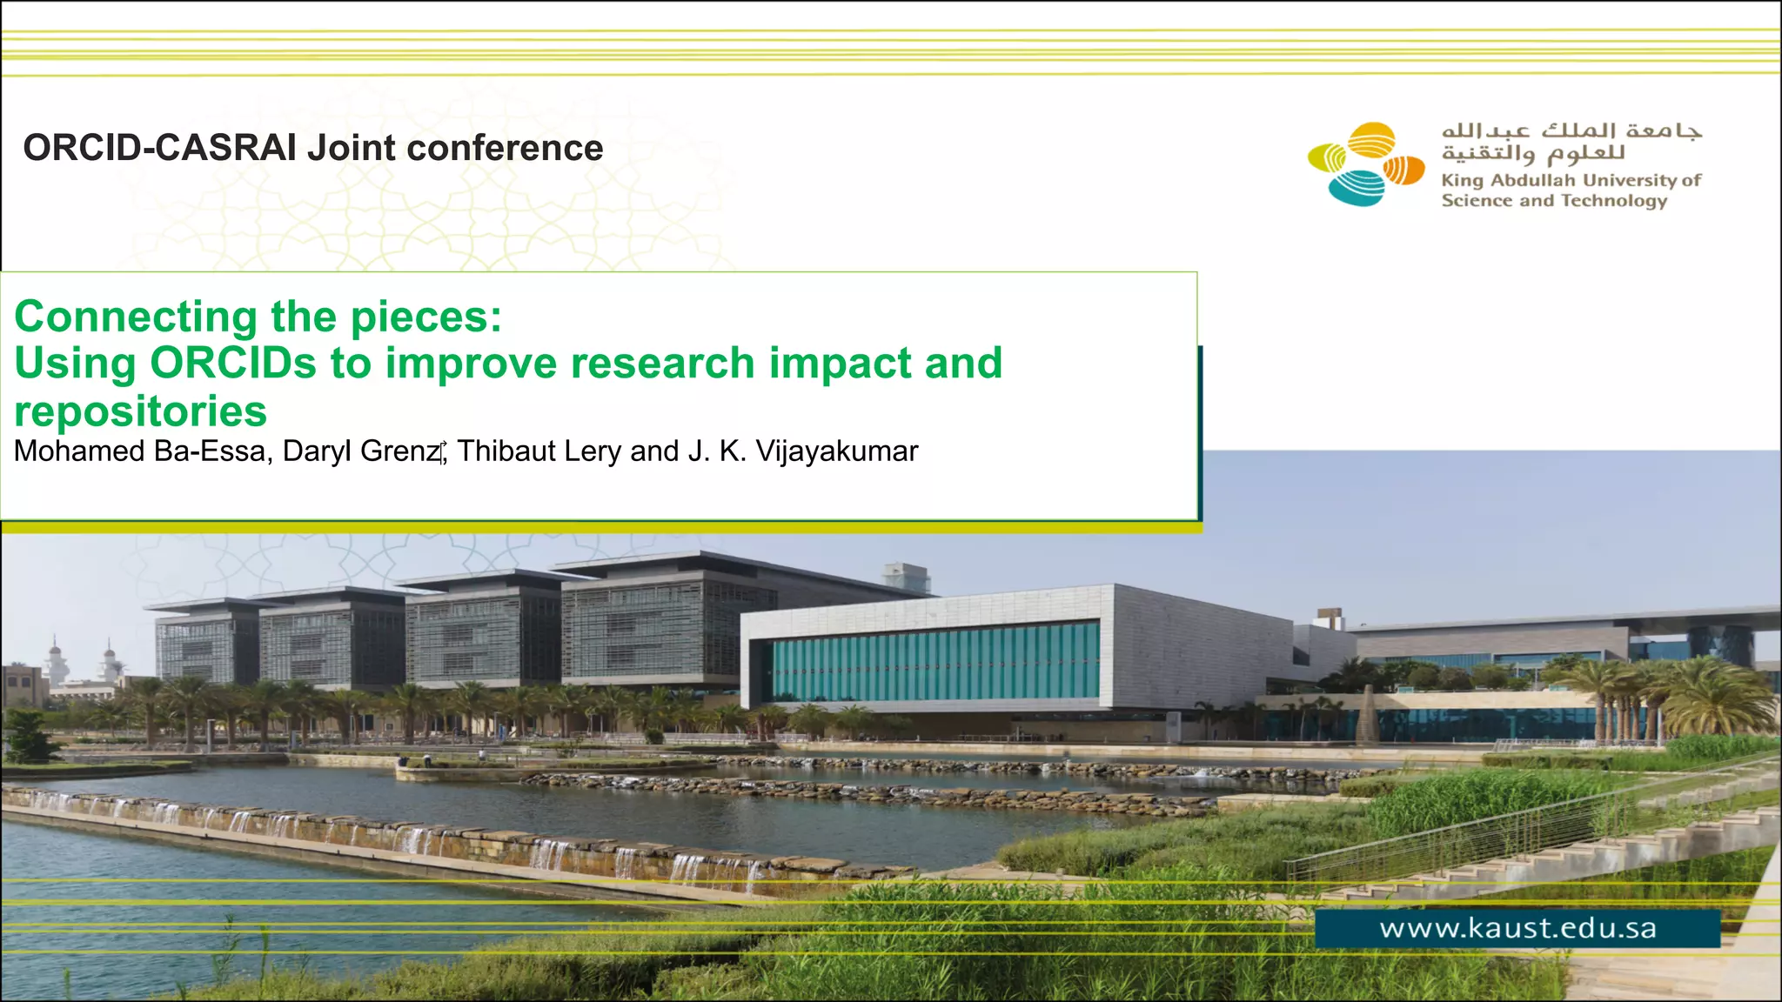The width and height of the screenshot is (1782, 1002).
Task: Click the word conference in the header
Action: tap(505, 148)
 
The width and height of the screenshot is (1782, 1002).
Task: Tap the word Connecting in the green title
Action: tap(135, 317)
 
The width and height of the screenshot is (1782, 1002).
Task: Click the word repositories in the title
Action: tap(140, 411)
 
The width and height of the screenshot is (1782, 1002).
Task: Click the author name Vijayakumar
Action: tap(836, 451)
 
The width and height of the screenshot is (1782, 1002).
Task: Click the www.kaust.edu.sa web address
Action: tap(1517, 928)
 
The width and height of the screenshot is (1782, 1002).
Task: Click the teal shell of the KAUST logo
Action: tap(1357, 188)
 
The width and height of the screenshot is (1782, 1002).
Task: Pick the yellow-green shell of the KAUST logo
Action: tap(1327, 157)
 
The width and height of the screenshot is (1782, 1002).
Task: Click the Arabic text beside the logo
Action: tap(1571, 142)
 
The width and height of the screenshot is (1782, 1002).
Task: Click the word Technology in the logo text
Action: tap(1614, 201)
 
